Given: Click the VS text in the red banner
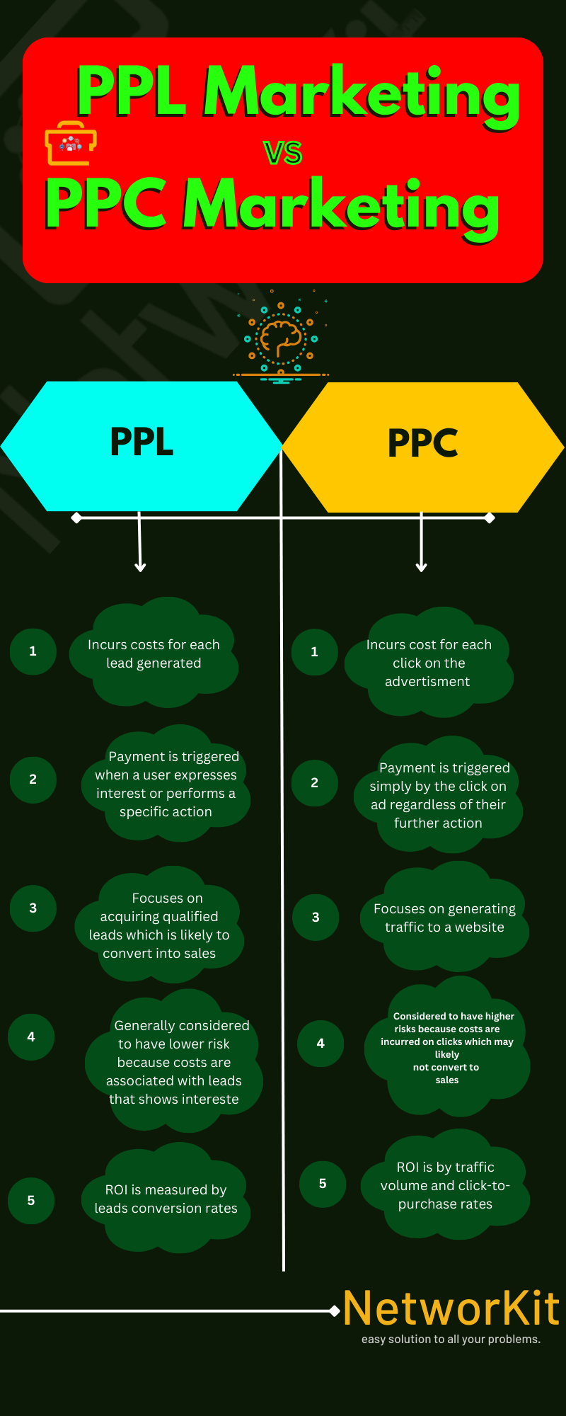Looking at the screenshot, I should pyautogui.click(x=283, y=153).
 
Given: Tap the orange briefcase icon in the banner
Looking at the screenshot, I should pyautogui.click(x=70, y=143).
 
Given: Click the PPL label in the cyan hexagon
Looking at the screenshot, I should pyautogui.click(x=141, y=442).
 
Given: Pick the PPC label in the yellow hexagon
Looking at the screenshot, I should pyautogui.click(x=422, y=443).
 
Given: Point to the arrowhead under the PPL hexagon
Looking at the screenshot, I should pyautogui.click(x=140, y=566).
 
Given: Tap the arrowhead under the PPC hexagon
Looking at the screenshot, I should pyautogui.click(x=422, y=566).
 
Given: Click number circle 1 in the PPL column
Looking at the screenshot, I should pyautogui.click(x=33, y=651).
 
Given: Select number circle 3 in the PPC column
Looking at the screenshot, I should pyautogui.click(x=316, y=918).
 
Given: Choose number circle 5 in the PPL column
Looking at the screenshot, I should pyautogui.click(x=31, y=1201).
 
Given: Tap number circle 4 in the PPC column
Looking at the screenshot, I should pyautogui.click(x=320, y=1044).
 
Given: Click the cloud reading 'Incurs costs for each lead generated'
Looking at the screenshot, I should pyautogui.click(x=154, y=654).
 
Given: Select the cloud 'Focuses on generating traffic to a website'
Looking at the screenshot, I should pyautogui.click(x=444, y=918).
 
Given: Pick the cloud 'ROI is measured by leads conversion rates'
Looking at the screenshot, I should pyautogui.click(x=166, y=1199).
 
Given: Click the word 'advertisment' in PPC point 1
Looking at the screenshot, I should pyautogui.click(x=427, y=682).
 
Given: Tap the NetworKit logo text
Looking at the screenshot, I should pyautogui.click(x=451, y=1308).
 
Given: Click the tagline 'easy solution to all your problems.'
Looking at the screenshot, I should pyautogui.click(x=451, y=1340).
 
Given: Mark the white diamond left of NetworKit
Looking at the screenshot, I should pyautogui.click(x=335, y=1311).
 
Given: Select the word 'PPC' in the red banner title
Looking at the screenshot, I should pyautogui.click(x=106, y=204).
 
